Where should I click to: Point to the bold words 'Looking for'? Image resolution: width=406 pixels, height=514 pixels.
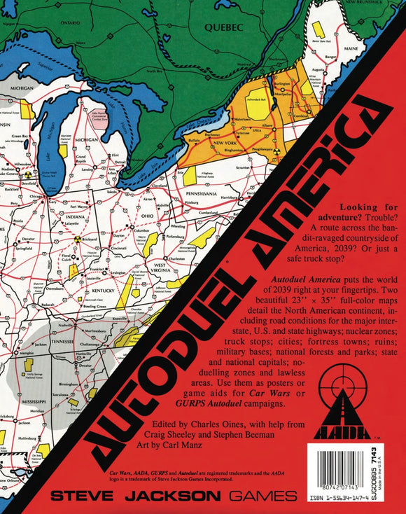[x=368, y=209]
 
